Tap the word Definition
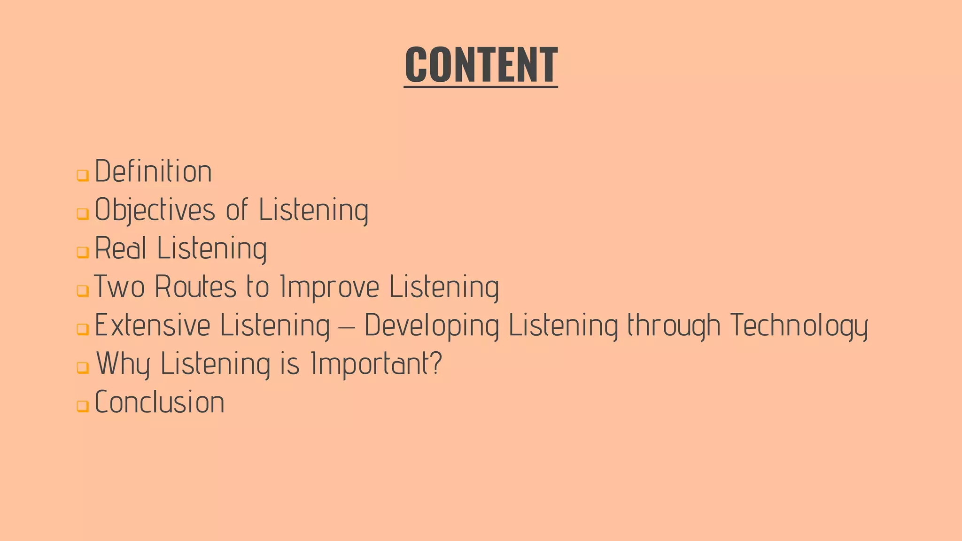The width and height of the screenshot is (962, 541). tap(153, 171)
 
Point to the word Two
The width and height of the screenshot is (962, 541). tap(119, 287)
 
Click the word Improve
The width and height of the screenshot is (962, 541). tap(329, 287)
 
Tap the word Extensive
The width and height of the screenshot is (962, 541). tap(153, 325)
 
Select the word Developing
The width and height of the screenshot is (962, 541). tap(432, 325)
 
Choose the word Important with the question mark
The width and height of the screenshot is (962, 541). tap(376, 364)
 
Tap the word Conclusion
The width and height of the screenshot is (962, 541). tap(160, 402)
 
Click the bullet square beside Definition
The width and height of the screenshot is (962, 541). tap(83, 176)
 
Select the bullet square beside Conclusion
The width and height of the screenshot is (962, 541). tap(83, 406)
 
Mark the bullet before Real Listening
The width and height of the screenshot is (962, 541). tap(83, 252)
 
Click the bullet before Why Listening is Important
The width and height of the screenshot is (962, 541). tap(83, 367)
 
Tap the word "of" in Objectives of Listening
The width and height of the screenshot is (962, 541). tap(237, 210)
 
